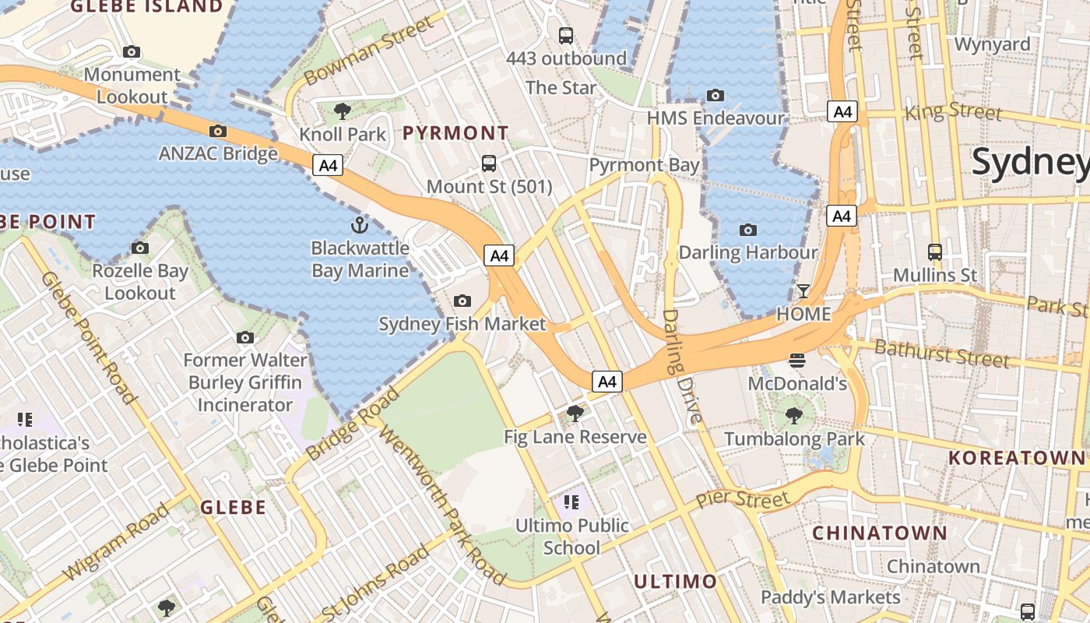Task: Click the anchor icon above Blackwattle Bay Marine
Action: coord(359,226)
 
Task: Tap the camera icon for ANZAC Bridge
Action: coord(218,131)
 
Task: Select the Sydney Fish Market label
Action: coord(462,324)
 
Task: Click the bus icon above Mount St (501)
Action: coord(489,164)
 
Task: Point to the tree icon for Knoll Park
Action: coord(342,111)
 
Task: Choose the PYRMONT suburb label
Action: coord(455,133)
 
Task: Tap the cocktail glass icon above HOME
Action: coord(803,291)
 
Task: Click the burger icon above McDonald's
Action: coord(796,360)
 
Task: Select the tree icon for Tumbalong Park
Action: coord(794,415)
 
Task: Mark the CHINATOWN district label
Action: coord(880,533)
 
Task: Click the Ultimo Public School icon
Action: coord(572,502)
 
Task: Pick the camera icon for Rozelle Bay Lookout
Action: coord(140,248)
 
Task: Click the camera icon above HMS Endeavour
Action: coord(715,96)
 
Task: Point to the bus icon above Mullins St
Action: coord(935,252)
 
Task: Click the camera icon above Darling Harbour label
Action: coord(748,230)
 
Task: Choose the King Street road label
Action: coord(953,111)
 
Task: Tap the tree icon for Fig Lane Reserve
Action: coord(575,414)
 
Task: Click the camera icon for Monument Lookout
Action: coord(132,52)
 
